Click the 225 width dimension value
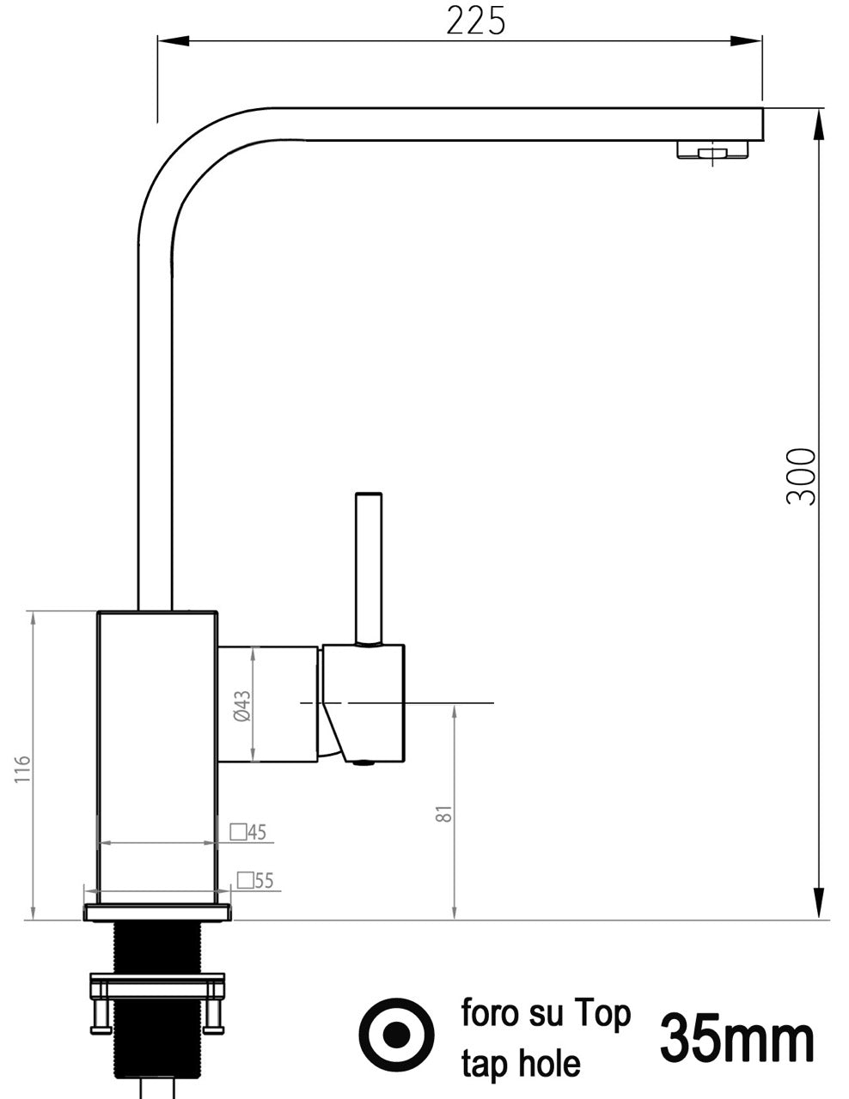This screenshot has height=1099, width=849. coord(475,21)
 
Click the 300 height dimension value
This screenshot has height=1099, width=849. coord(801,476)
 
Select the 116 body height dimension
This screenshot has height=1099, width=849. coord(22,768)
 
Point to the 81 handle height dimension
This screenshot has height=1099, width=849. coord(443,812)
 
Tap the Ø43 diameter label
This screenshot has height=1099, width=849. coord(242,706)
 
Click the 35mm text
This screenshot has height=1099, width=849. coord(736,1038)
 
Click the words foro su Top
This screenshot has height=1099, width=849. coord(546,1013)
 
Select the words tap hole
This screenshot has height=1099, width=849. coord(521,1064)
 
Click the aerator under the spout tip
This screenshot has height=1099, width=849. coord(712,150)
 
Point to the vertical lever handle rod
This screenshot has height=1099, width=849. coord(369,567)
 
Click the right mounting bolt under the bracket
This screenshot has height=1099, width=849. coord(212,1017)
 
